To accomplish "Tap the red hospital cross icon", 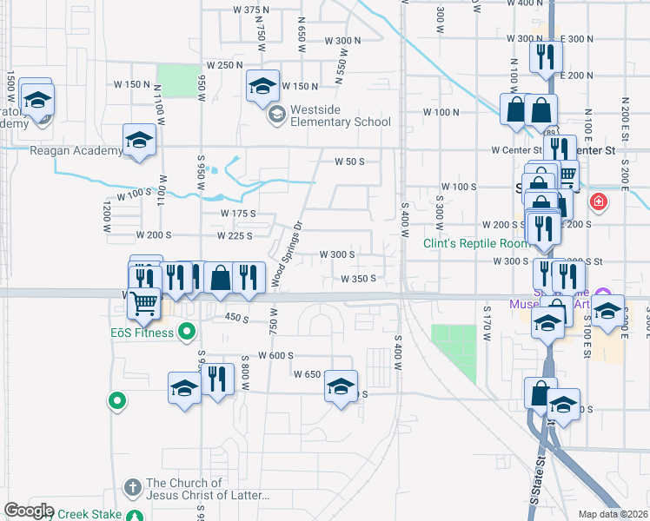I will point(598,203).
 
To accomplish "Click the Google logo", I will point(29,511).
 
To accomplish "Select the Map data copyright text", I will point(613,514).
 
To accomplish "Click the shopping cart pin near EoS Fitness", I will point(144,303).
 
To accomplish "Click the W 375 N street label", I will point(252,10).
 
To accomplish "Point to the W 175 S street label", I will point(238,213).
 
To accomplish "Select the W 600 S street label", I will point(276,355).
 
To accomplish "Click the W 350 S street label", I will point(358,279).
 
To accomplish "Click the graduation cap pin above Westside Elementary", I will point(262,86).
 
